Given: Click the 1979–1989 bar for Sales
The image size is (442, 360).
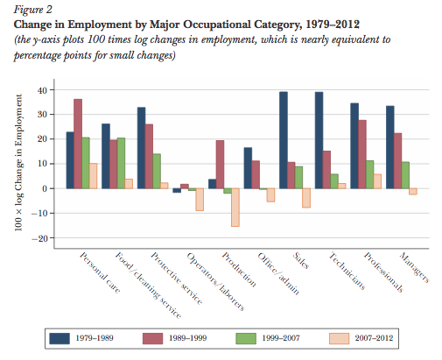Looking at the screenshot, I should [284, 140].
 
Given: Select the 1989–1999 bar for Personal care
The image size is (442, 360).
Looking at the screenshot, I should [79, 144].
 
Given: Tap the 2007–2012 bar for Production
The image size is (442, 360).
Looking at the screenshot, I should [235, 207].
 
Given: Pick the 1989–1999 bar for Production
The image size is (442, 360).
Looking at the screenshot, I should [221, 165].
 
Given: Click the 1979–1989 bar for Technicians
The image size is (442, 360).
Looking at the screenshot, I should [319, 140].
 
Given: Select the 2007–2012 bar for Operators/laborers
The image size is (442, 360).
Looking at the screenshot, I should [200, 199].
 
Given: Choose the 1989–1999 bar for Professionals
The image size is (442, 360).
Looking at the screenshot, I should [363, 154].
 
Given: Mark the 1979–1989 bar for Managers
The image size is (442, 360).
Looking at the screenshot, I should [389, 147].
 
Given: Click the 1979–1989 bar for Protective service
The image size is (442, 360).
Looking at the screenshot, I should [142, 148].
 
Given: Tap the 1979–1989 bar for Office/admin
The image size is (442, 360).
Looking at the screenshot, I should [248, 168].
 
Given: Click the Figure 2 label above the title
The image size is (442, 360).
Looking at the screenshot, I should [27, 10].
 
